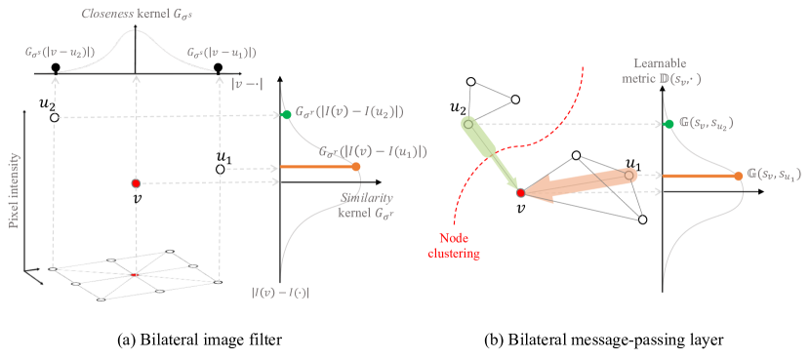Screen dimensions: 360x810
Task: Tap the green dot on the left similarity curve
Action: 286,115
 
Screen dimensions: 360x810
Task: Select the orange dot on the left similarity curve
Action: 356,167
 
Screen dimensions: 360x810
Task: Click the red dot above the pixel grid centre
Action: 136,183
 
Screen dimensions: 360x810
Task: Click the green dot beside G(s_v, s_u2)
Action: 668,124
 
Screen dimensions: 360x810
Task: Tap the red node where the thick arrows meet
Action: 521,193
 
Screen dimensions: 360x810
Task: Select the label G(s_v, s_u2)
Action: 706,124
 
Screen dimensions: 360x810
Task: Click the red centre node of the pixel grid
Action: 135,274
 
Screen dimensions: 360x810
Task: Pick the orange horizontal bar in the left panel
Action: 317,168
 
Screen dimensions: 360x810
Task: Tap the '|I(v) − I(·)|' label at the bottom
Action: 281,291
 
